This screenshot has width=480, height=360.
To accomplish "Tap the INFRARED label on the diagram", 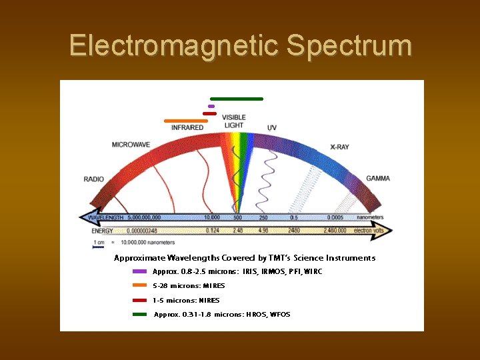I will click(187, 127).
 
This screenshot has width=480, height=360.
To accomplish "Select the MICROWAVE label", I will click(131, 144).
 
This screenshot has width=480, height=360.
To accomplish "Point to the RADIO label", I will click(94, 179).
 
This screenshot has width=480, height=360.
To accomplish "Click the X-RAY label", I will click(339, 147).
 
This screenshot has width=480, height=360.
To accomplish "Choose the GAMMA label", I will click(378, 179).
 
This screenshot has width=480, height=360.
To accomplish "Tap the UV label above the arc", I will click(272, 127).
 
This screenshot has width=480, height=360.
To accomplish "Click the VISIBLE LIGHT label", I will click(234, 121).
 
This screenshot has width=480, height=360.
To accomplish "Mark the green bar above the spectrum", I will click(237, 99).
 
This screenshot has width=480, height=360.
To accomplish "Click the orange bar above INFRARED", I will click(190, 121).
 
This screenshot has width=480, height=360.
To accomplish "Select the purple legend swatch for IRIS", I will click(139, 271).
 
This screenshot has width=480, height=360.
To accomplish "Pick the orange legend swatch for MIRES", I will click(139, 285).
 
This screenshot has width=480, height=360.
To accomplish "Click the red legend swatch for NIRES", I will click(139, 300).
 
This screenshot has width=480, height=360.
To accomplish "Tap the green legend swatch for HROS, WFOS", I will click(139, 314).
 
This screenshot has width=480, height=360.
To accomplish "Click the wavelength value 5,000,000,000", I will click(143, 217).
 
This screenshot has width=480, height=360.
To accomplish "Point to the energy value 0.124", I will click(213, 231).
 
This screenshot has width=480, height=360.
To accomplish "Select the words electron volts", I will click(371, 231).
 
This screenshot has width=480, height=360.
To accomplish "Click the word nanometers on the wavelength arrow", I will click(370, 217).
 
